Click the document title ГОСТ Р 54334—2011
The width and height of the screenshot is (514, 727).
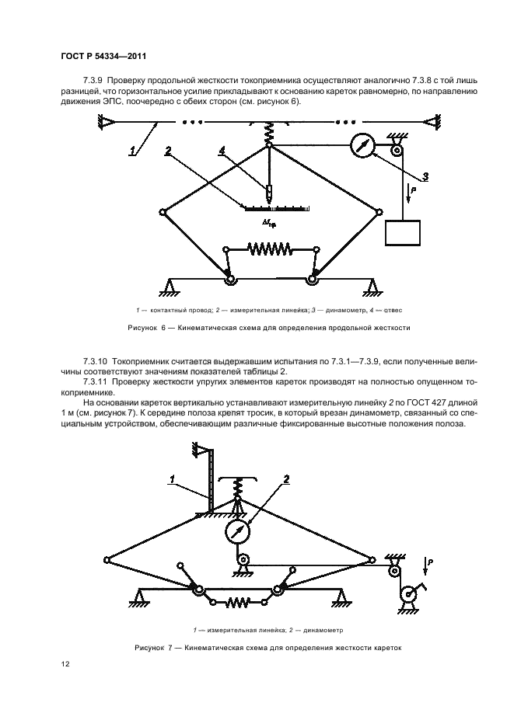103,56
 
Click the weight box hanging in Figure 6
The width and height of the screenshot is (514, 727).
402,233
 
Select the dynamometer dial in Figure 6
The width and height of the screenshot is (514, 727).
362,146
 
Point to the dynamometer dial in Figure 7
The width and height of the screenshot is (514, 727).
239,532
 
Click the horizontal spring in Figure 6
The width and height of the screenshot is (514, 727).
268,249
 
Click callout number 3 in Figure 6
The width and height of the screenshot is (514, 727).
425,175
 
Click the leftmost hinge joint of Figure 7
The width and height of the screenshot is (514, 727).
105,557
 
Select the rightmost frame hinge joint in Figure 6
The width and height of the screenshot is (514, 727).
379,210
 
